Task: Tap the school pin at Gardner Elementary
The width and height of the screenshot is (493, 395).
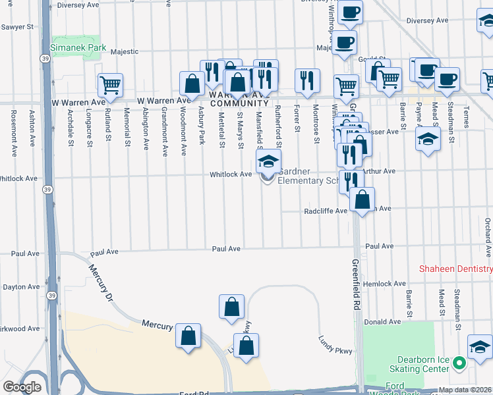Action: point(268,162)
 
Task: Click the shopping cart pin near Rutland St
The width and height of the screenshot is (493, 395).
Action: point(110,85)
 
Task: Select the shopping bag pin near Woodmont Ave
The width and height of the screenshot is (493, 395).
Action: point(192,84)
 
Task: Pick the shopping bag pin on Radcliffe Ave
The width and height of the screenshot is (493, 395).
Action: point(362,200)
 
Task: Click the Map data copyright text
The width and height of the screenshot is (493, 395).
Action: point(464,390)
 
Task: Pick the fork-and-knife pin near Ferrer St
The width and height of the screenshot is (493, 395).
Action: point(307,81)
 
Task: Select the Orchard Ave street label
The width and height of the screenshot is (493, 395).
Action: point(487,230)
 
